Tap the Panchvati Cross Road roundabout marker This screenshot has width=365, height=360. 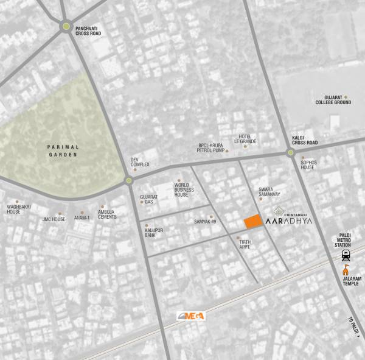tap(66, 26)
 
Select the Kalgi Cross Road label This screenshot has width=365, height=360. tap(305, 140)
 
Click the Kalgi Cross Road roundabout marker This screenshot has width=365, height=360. tap(291, 153)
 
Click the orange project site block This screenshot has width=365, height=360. tap(253, 222)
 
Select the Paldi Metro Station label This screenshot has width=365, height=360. tap(346, 238)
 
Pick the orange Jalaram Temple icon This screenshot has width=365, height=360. tap(346, 269)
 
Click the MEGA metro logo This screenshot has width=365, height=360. tap(190, 316)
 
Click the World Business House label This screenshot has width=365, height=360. tap(184, 189)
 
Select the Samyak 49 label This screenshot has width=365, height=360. tap(205, 221)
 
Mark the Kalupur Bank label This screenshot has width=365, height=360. tap(155, 232)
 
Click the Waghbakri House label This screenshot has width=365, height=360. tap(14, 209)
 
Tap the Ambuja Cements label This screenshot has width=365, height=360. tap(107, 214)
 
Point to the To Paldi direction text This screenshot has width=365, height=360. tap(355, 326)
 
